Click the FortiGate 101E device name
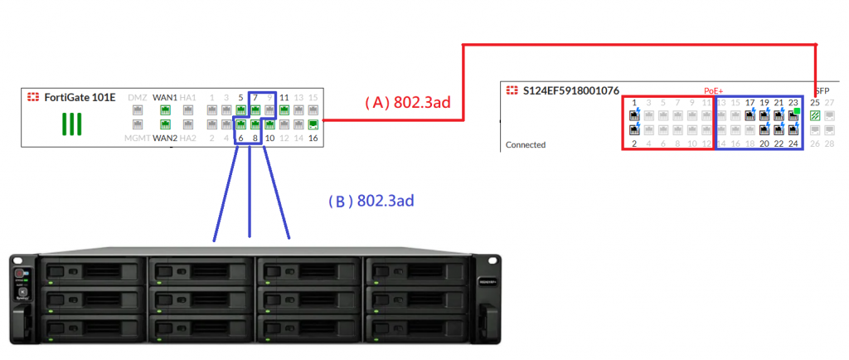[80, 97]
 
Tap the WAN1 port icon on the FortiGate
[166, 109]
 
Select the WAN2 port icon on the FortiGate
[166, 124]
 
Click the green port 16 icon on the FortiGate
[313, 124]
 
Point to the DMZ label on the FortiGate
[138, 97]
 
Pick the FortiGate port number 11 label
[284, 97]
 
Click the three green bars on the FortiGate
[73, 124]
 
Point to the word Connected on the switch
[526, 144]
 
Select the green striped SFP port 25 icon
[815, 115]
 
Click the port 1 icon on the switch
[634, 115]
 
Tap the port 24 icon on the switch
[793, 129]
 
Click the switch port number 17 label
[750, 103]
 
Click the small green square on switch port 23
[797, 110]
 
